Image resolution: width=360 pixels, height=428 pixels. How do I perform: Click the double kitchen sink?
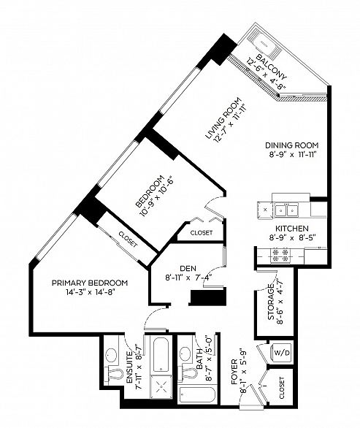[288, 210]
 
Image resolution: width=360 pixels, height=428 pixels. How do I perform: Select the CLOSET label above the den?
[201, 232]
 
